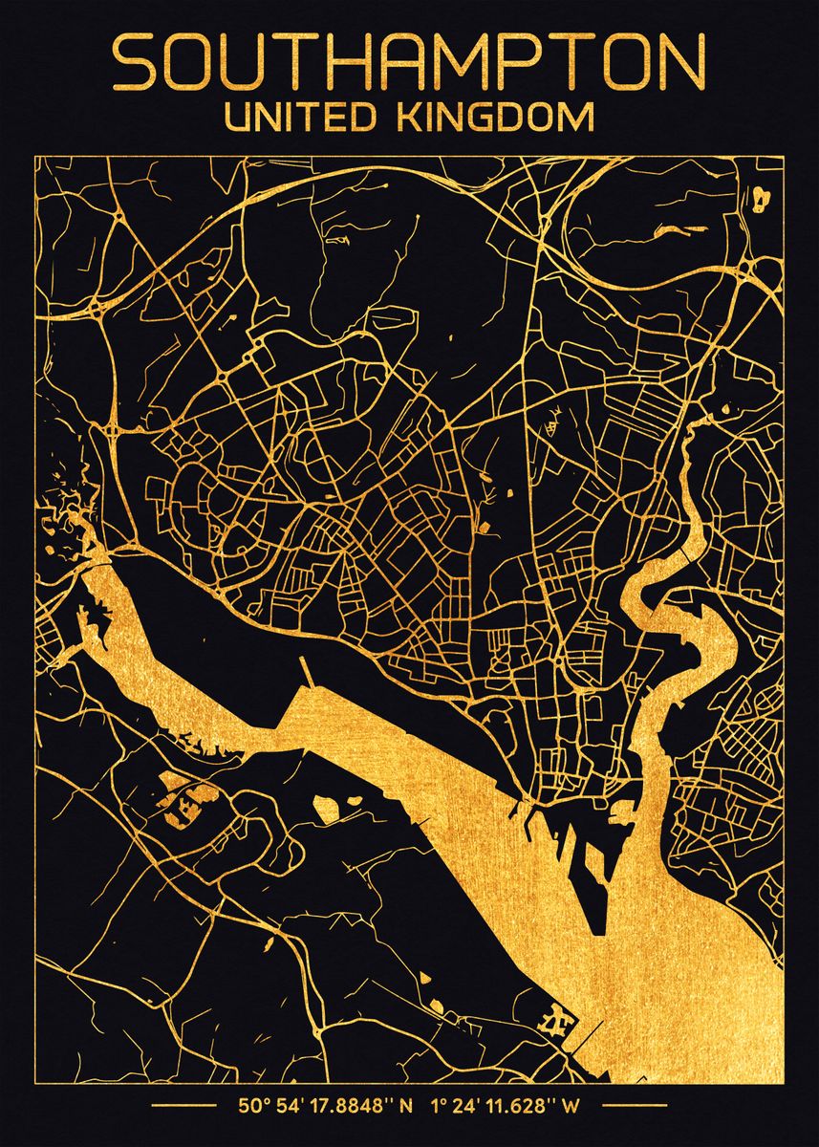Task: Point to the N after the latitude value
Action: point(406,1107)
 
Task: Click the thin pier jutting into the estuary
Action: point(306,673)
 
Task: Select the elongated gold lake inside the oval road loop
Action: point(679,230)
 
